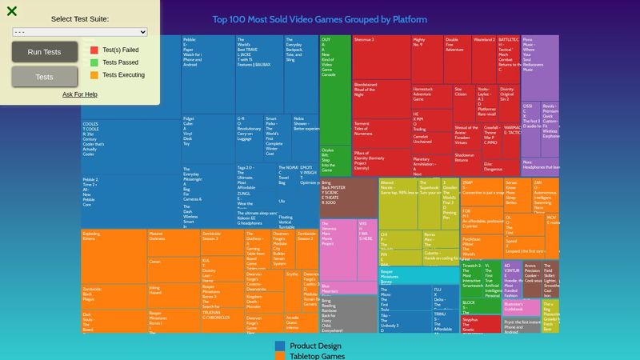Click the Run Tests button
coord(45,52)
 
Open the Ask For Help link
coord(80,94)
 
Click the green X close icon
coord(12,11)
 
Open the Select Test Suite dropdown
coord(80,31)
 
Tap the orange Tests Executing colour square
coord(94,74)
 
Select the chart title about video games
coord(319,19)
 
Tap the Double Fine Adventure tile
coord(458,56)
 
